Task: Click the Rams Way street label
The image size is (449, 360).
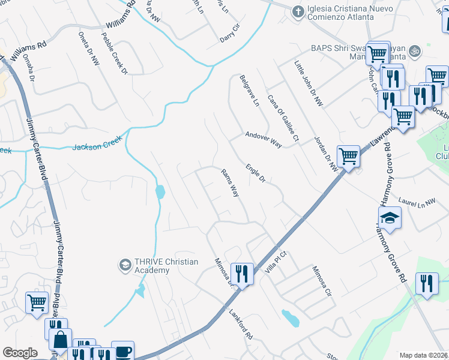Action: point(230,182)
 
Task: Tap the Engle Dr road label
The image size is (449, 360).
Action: point(255,172)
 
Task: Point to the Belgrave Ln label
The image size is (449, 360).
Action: point(249,91)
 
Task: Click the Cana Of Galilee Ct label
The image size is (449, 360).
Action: point(283,118)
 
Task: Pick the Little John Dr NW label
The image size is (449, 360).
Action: point(309,83)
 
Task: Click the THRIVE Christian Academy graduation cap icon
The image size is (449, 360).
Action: point(125,265)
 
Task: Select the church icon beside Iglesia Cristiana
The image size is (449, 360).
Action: point(297,11)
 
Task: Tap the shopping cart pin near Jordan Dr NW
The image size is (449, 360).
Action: point(348,157)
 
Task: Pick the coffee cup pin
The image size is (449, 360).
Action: point(122,351)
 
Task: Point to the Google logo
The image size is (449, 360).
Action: point(20,352)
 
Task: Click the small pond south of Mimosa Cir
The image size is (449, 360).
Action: point(291,318)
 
